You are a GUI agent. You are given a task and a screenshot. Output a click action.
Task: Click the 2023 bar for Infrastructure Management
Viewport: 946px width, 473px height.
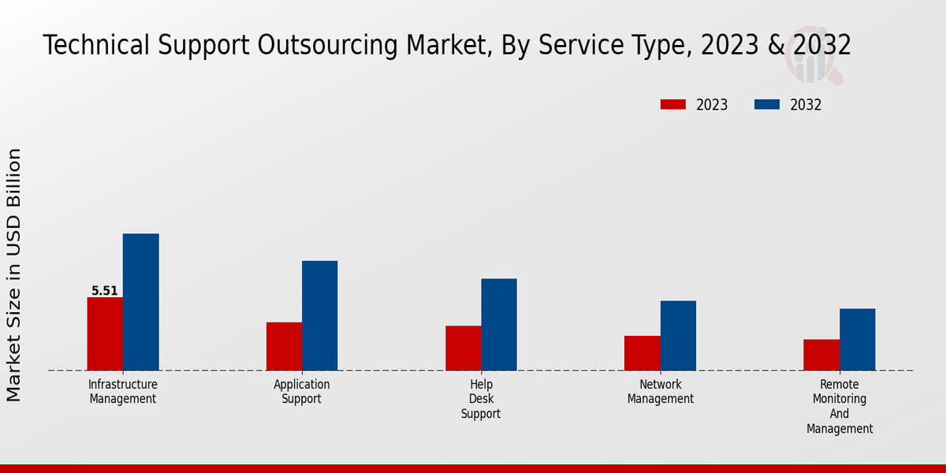tap(105, 333)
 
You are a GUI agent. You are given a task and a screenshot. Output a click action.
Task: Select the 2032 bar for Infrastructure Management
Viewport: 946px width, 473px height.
tap(140, 302)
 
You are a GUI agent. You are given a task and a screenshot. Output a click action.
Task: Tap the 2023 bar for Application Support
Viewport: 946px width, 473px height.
tap(284, 346)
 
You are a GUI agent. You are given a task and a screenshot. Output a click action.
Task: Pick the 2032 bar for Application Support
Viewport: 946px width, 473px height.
tap(319, 315)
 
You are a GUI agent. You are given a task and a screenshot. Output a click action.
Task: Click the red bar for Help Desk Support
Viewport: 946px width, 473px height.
tap(463, 348)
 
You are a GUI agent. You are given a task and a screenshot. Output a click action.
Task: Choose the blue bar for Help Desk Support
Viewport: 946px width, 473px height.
tap(499, 324)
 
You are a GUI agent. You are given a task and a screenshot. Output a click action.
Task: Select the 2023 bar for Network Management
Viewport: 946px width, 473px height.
tap(642, 353)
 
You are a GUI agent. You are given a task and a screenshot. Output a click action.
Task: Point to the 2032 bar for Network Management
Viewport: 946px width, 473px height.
tap(678, 335)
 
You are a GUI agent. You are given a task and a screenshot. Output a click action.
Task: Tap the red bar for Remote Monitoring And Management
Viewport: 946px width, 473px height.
tap(821, 355)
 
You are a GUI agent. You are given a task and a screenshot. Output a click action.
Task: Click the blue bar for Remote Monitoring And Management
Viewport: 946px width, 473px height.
tap(857, 339)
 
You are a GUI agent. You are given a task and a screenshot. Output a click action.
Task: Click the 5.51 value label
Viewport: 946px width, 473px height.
tap(105, 291)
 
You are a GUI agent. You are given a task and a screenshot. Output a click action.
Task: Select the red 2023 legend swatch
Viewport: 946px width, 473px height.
tap(673, 105)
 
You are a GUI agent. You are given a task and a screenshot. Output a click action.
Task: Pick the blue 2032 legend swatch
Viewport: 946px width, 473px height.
tap(767, 105)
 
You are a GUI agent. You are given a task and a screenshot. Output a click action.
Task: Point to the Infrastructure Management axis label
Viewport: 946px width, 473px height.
tap(123, 392)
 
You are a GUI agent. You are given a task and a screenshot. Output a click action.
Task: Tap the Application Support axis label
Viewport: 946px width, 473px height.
tap(302, 392)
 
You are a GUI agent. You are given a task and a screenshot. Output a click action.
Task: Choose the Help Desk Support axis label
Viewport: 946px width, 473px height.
tap(481, 399)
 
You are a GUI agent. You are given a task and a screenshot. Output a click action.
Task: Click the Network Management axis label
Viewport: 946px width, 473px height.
tap(661, 392)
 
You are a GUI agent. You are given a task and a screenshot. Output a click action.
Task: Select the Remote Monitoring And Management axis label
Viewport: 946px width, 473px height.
tap(840, 407)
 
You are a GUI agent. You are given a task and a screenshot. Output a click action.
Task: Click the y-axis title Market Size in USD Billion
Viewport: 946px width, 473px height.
tap(14, 274)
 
